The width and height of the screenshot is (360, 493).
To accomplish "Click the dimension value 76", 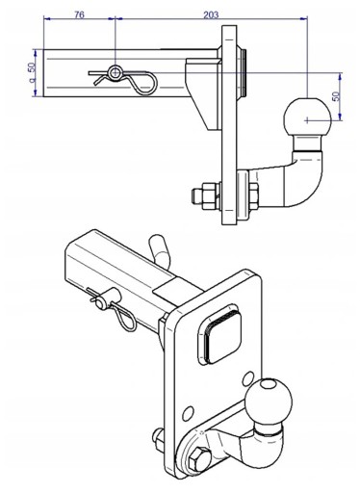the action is point(79,15).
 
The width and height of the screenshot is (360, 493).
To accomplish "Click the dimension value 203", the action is point(211,15).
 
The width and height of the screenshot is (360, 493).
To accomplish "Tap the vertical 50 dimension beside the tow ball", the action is point(336,96).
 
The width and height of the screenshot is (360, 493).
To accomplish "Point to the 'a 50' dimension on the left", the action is point(32,72).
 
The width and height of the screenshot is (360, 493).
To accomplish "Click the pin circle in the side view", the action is point(115,73).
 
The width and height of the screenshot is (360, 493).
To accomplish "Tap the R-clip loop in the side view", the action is point(144,84).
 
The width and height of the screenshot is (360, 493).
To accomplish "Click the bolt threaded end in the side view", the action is point(196,195).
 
